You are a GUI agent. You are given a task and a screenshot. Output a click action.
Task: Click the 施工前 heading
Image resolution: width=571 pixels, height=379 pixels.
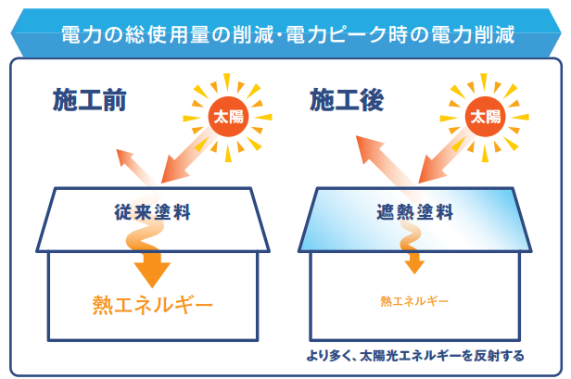click(x=90, y=100)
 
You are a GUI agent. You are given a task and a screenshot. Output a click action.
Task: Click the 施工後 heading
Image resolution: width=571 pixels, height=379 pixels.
click(x=347, y=100)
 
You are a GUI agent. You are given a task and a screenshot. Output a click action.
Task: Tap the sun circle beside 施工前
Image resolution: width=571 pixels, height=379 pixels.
click(x=228, y=117)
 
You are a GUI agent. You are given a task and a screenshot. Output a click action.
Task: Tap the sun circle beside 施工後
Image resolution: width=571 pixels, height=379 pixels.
click(x=485, y=117)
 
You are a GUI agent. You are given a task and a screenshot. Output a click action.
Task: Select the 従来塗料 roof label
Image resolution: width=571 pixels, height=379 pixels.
click(x=153, y=212)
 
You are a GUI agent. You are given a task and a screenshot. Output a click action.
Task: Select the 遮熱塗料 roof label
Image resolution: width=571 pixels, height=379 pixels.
click(x=414, y=212)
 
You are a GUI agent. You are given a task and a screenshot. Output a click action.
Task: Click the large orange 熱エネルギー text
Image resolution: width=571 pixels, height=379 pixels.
click(x=153, y=304)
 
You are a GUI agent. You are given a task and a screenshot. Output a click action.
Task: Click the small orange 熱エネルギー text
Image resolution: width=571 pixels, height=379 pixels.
click(x=414, y=301)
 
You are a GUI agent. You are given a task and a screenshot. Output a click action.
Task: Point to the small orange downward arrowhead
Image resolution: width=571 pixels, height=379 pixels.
click(x=414, y=267)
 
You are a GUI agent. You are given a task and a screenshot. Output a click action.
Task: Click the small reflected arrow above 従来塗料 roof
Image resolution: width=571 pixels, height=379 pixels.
click(x=135, y=168)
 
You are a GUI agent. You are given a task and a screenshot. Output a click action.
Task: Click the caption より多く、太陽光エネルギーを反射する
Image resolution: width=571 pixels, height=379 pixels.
click(x=415, y=355)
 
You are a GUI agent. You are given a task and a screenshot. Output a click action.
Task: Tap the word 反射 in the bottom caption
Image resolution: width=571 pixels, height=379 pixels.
click(x=487, y=355)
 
